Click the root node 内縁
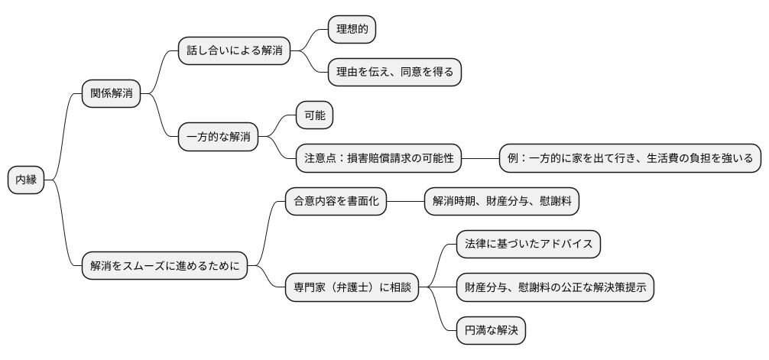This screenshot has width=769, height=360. click(27, 180)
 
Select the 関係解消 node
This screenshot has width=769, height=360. click(111, 94)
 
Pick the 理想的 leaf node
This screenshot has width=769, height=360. click(352, 30)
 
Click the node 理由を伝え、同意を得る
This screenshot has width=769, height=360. click(394, 73)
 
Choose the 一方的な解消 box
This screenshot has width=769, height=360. click(218, 138)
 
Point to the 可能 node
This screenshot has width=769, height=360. click(315, 116)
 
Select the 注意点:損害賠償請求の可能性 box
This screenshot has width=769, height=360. click(379, 159)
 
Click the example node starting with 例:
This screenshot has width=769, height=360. click(630, 159)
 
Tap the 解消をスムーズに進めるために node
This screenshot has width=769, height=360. click(164, 266)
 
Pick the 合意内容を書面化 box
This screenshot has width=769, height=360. click(336, 202)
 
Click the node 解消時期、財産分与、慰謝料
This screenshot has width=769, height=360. click(501, 202)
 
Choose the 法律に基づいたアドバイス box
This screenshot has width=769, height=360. click(528, 245)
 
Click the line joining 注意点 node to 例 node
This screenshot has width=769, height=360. click(480, 159)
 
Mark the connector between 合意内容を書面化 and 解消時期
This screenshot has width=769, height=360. click(405, 202)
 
